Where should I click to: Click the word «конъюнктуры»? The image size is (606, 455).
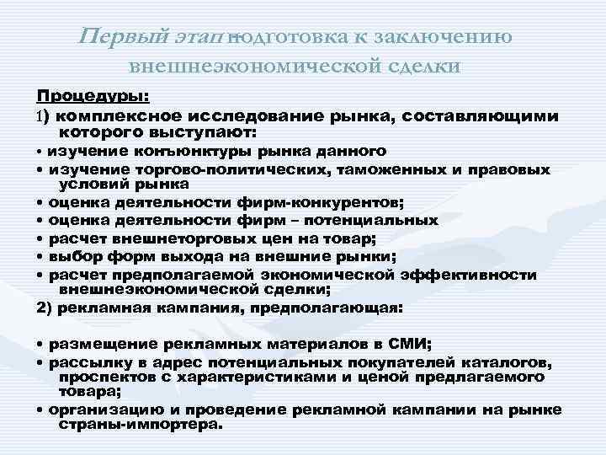(173, 152)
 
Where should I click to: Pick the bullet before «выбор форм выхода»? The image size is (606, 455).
(40, 257)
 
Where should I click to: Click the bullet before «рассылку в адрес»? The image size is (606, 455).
(40, 361)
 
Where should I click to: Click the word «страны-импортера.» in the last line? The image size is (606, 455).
(143, 424)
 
